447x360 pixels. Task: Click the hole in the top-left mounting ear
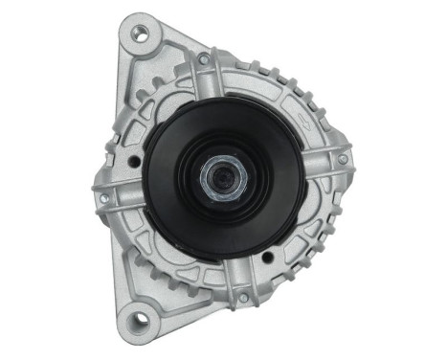pos(140,34)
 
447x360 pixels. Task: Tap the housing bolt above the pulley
pos(204,59)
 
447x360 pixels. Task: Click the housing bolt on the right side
pos(343,159)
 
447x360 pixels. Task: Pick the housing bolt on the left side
pos(104,199)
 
